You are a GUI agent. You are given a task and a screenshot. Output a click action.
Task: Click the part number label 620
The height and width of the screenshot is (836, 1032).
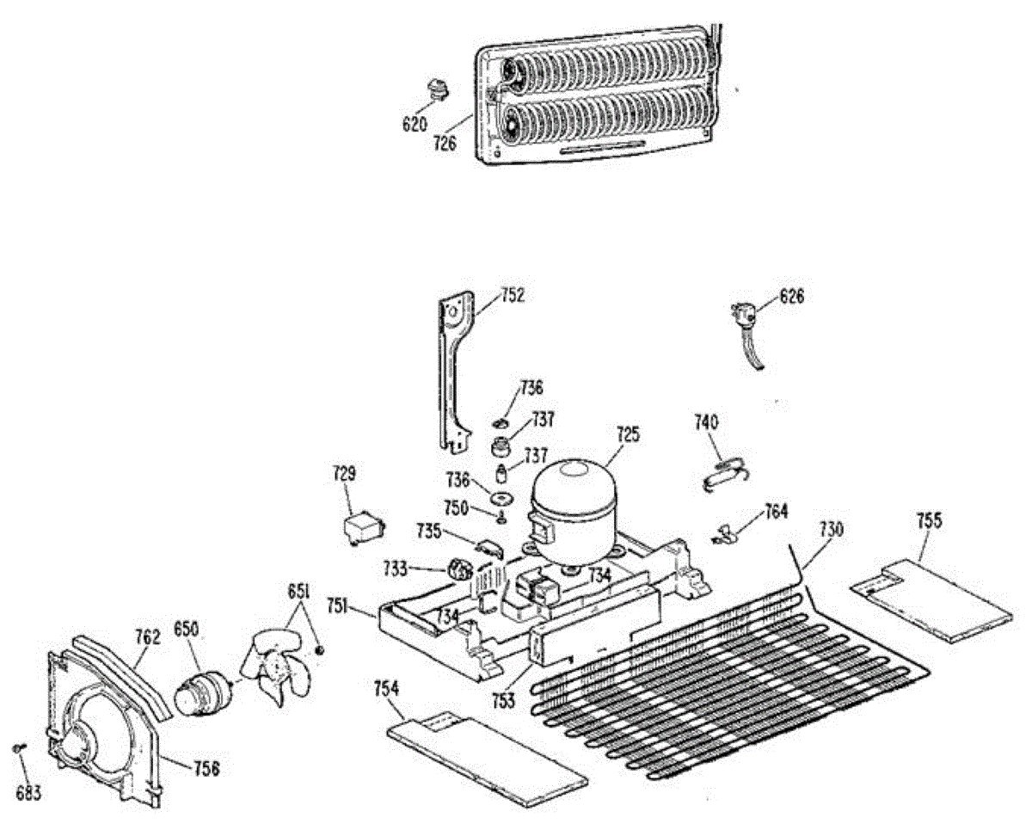(415, 125)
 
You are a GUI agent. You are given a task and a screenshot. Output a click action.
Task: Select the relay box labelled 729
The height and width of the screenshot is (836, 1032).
(362, 527)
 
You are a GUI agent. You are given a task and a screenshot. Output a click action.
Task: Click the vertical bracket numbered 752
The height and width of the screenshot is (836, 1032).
(452, 370)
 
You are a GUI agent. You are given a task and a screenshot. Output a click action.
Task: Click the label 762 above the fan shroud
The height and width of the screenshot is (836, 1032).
(147, 637)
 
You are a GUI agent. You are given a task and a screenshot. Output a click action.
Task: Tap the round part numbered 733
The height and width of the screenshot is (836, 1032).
(458, 569)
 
